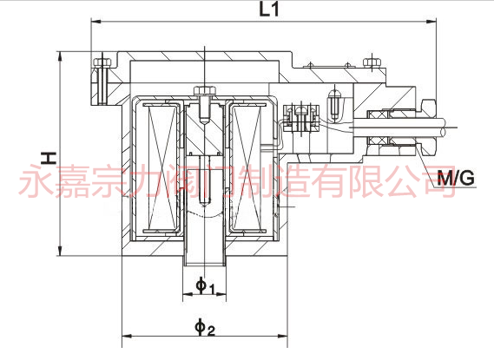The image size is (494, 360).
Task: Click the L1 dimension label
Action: (269, 10)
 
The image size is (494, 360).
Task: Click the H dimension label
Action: (49, 158)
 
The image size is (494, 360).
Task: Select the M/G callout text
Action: (456, 178)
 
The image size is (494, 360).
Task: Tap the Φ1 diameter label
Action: (205, 285)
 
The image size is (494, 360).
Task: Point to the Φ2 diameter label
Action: (205, 327)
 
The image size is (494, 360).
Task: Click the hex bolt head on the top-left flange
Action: (102, 62)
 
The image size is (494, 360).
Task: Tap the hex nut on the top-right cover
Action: (372, 62)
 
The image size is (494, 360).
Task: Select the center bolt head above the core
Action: (205, 90)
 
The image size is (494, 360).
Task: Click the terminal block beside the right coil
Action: (301, 118)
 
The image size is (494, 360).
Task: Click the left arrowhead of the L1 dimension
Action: (96, 22)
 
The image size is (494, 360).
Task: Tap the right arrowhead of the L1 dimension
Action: (431, 22)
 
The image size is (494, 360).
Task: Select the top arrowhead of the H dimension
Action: (60, 56)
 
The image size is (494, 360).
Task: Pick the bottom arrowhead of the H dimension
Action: (60, 251)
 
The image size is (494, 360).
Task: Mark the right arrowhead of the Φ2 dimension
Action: (283, 337)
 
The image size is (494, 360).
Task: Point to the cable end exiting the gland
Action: (445, 128)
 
